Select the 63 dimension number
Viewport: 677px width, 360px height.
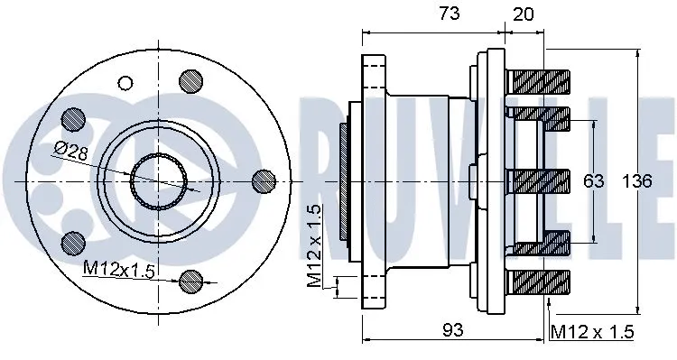(593, 181)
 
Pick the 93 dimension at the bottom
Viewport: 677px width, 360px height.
(453, 330)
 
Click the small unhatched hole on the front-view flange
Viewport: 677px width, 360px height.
(125, 84)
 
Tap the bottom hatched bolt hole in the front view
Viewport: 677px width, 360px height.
(190, 281)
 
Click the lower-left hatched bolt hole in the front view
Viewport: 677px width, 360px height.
(73, 242)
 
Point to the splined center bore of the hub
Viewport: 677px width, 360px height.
(159, 180)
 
